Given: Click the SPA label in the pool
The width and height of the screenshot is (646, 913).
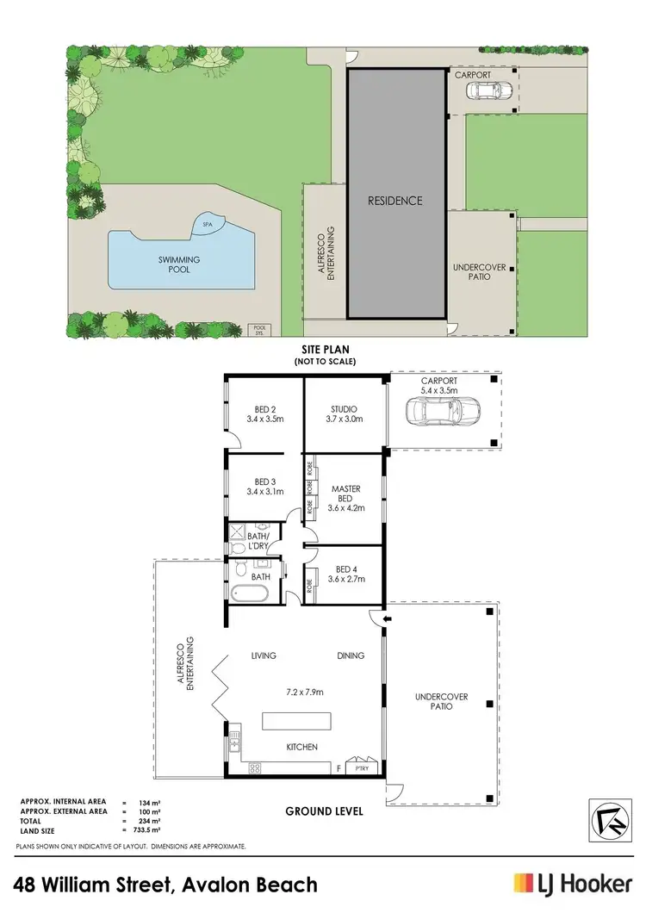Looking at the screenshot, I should [x=207, y=224].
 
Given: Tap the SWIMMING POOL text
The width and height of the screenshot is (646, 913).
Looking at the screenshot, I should [x=180, y=264].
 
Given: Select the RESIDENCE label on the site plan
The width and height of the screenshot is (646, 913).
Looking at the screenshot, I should [x=395, y=201].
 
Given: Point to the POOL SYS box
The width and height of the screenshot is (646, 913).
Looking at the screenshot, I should [x=258, y=329].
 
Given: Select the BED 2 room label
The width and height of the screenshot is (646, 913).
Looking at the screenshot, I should [x=264, y=414].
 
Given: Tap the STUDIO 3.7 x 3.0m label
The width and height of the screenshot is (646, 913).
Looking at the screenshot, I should [x=344, y=414].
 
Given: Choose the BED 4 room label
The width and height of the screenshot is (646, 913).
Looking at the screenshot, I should [x=345, y=574].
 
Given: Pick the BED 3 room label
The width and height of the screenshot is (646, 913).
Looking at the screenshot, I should [x=264, y=487].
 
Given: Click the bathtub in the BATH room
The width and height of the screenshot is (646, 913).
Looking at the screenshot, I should [x=248, y=593].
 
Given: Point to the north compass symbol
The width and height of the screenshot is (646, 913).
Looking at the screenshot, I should [x=606, y=817].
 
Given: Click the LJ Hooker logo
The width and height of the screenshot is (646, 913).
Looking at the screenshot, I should [x=572, y=883].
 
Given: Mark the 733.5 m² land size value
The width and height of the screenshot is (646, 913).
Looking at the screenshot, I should [x=146, y=831].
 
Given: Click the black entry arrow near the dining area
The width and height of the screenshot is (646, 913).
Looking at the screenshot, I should [x=386, y=617].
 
